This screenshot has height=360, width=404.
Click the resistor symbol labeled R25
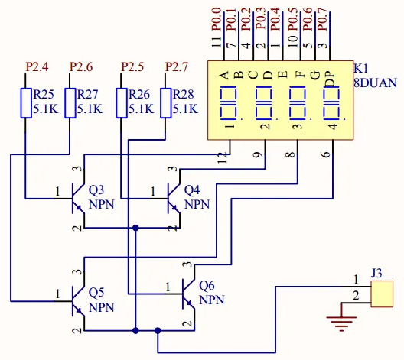pos(26,103)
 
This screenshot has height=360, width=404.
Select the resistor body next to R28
pos(166,103)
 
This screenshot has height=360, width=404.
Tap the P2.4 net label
pos(37,67)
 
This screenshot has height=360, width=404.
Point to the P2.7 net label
pos(177,67)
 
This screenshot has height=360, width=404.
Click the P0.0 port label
pos(217,19)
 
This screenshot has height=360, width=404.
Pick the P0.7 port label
pos(323,19)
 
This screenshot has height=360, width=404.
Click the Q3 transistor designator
pos(96,190)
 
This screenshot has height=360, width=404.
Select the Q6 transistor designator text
pos(207,286)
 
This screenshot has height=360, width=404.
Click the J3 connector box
pos(382,294)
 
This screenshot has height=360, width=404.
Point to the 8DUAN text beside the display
pos(375,83)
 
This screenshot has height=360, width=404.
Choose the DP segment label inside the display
pos(331,79)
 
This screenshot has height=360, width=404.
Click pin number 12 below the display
pos(223,157)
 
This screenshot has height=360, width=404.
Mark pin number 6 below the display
pos(327,154)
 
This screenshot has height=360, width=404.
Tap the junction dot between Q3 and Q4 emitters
pos(135,228)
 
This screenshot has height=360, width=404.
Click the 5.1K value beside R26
pos(142,109)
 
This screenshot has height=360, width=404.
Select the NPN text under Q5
pos(101,308)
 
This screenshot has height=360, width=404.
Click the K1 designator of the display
pos(361,69)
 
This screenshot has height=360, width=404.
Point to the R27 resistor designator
pos(87,95)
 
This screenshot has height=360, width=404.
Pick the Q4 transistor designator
pos(192,190)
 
